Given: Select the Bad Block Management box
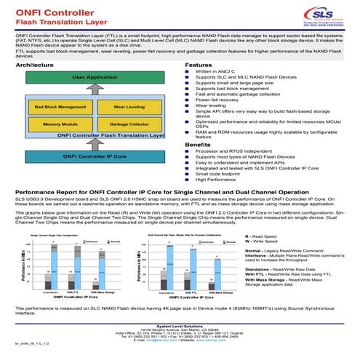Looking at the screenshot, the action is click(56, 106).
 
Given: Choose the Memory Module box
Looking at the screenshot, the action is click(56, 124).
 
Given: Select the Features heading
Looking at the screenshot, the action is click(199, 65).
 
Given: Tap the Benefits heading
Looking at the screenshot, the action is click(198, 145).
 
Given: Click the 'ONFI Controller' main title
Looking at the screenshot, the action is click(45, 12).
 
